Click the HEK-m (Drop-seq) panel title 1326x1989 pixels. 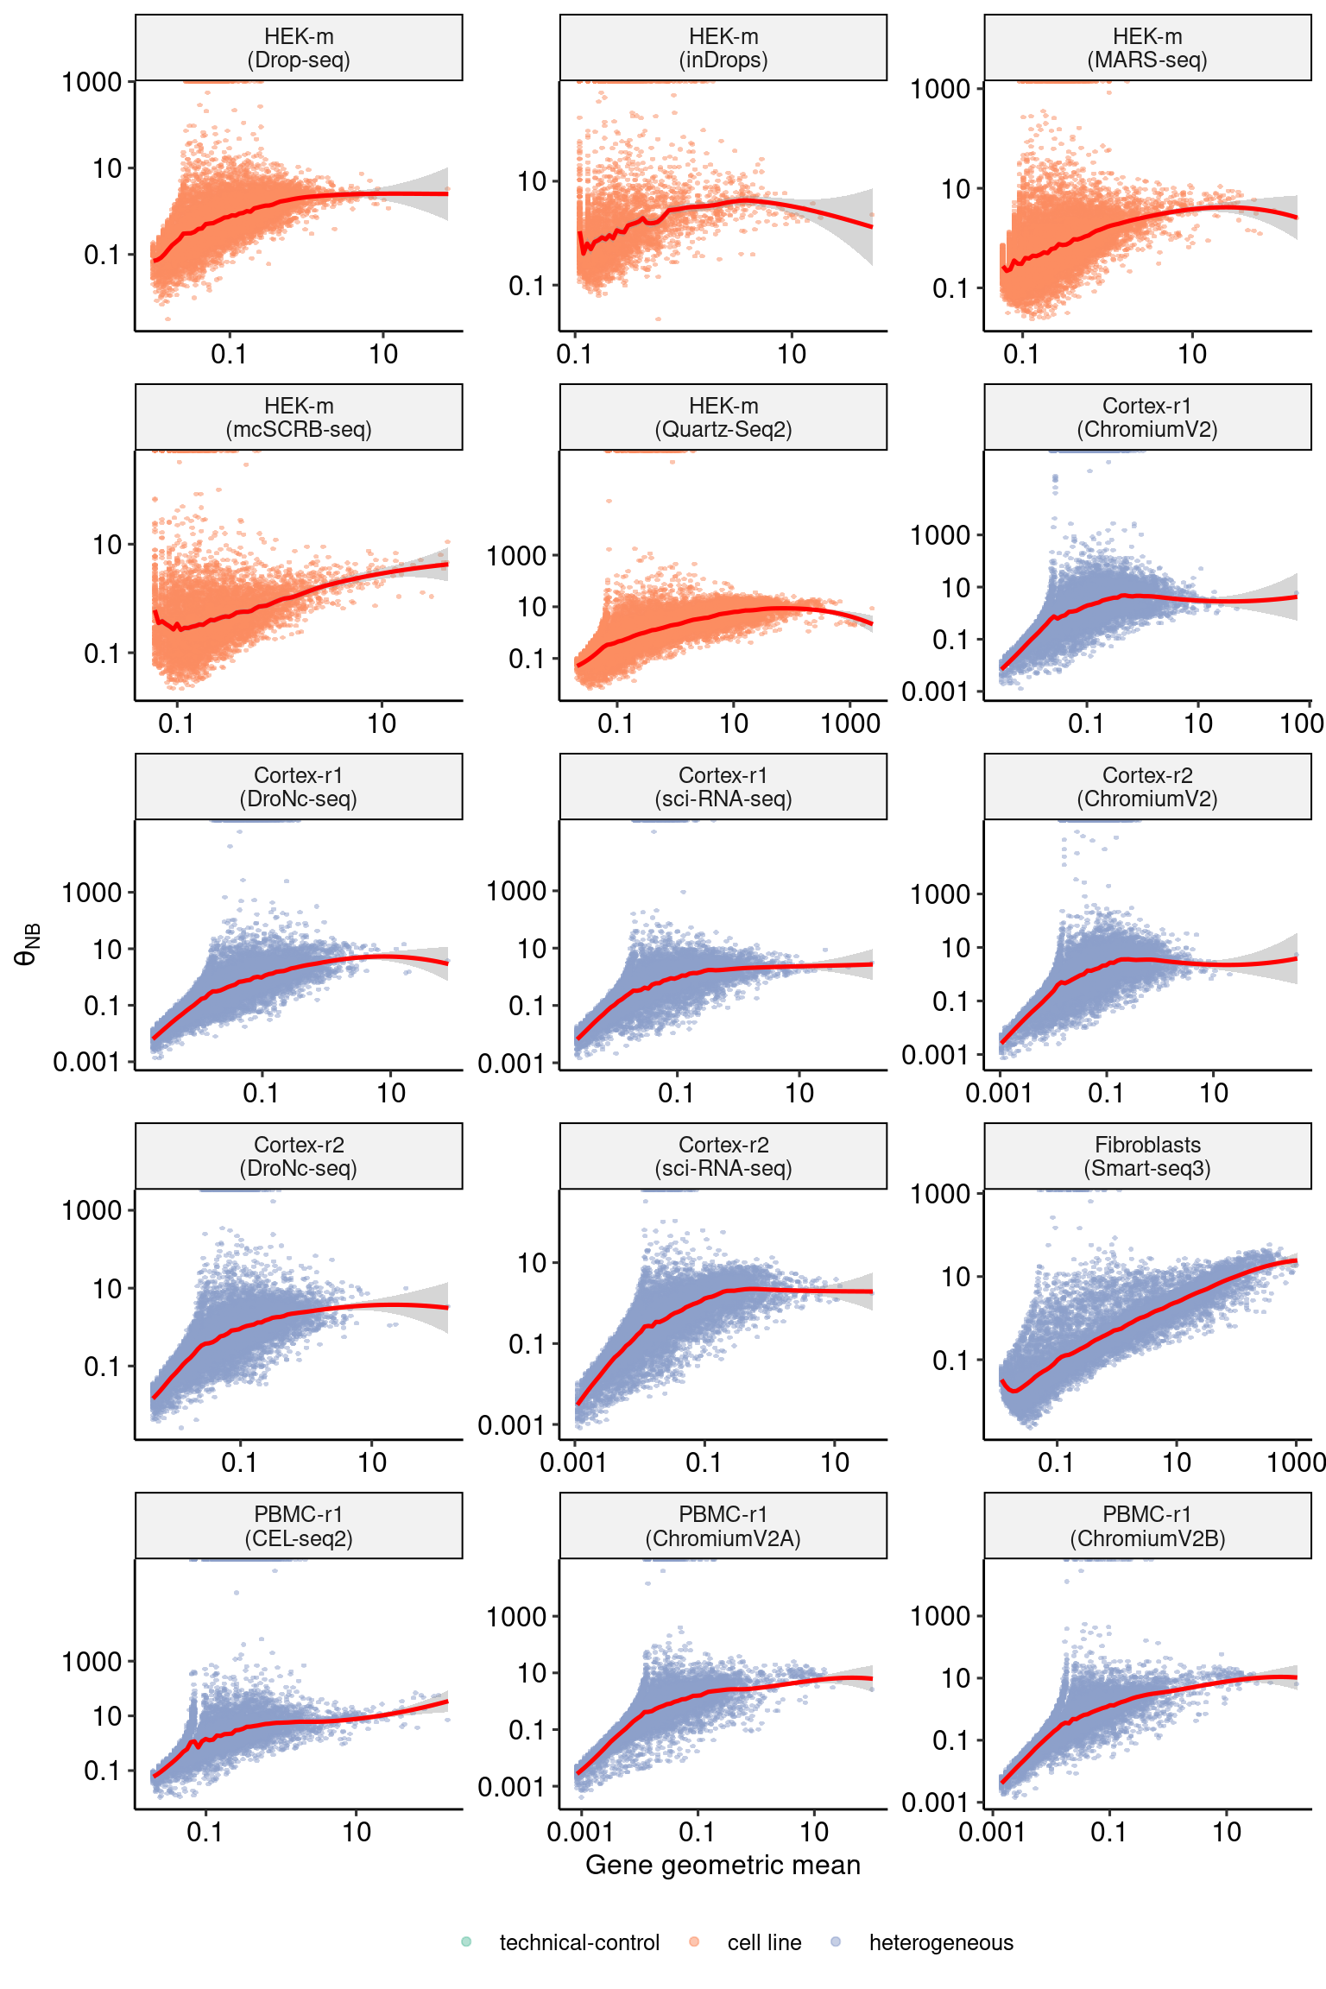tap(299, 48)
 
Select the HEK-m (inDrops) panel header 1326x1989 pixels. tap(723, 48)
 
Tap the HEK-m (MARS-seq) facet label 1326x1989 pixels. tap(1147, 48)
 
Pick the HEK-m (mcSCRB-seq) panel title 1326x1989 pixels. tap(299, 418)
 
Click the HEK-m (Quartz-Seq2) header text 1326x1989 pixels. tap(723, 418)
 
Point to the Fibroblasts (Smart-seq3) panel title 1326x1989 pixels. tap(1147, 1157)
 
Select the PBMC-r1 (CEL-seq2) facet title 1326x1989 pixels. tap(299, 1526)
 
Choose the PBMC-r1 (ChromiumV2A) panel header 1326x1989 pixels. tap(723, 1526)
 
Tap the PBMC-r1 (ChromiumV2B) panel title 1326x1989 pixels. tap(1147, 1526)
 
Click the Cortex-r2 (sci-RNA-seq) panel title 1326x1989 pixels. tap(723, 1157)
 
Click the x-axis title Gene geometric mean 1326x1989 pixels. tap(723, 1866)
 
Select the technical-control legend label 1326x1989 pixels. tap(579, 1943)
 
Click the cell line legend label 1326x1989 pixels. tap(764, 1943)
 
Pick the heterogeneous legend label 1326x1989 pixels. tap(941, 1943)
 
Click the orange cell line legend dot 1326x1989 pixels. tap(694, 1942)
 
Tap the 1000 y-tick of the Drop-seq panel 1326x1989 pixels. tap(91, 82)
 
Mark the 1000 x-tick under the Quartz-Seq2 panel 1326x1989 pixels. tap(850, 723)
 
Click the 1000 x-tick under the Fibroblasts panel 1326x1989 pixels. tap(1296, 1462)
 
